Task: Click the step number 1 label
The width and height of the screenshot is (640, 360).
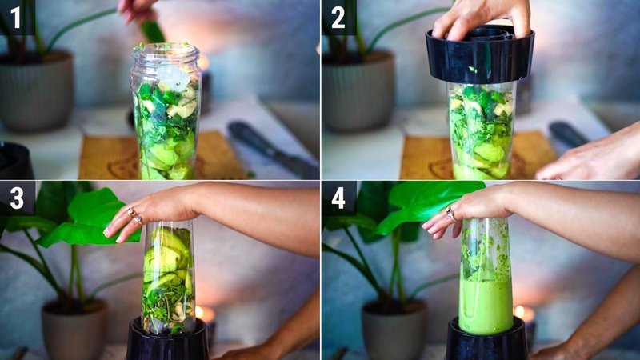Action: pyautogui.click(x=16, y=17)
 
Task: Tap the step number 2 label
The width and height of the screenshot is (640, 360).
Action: pyautogui.click(x=338, y=17)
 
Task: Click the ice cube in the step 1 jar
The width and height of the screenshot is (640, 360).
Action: pyautogui.click(x=174, y=78)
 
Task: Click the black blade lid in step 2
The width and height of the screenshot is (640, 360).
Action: pyautogui.click(x=479, y=56)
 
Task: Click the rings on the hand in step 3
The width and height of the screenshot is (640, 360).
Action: pyautogui.click(x=134, y=215)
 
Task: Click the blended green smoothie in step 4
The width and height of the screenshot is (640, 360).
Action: pyautogui.click(x=485, y=304)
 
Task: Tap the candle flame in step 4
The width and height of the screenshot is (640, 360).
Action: pyautogui.click(x=519, y=310)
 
